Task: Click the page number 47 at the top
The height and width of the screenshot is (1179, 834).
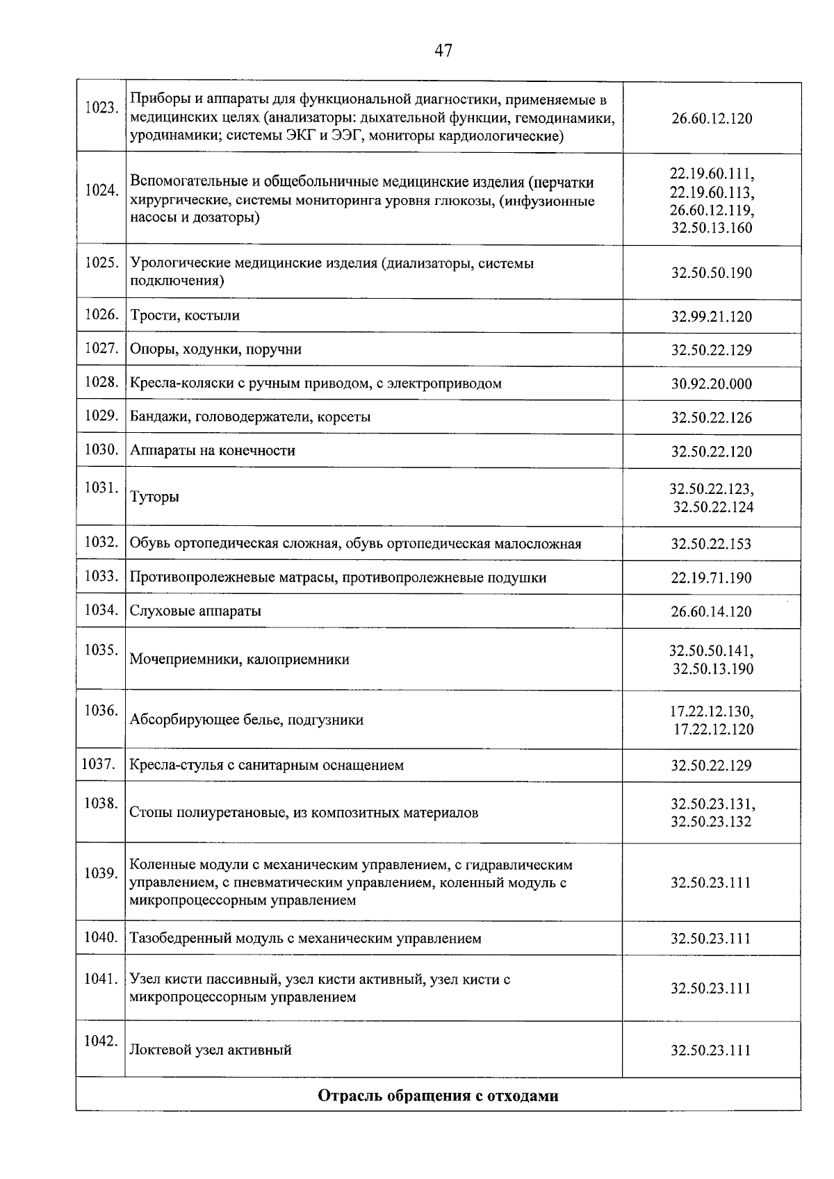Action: coord(443,50)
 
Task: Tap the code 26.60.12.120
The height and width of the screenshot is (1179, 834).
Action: coord(712,118)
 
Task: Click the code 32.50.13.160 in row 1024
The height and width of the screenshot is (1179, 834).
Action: coord(712,228)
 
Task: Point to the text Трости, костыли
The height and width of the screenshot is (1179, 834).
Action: coord(185,315)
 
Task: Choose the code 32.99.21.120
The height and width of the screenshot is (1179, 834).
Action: coord(712,317)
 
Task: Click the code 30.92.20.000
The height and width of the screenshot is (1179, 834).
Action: coord(712,384)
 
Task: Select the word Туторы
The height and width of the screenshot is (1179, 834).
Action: coord(154,497)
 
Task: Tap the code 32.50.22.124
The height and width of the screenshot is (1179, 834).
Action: coord(713,507)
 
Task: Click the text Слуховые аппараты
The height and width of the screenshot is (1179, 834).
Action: coord(195,611)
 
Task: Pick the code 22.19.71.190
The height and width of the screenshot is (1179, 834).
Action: coord(712,578)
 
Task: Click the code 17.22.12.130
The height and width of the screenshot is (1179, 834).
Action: coord(712,711)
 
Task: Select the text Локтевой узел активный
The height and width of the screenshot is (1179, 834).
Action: coord(211,1050)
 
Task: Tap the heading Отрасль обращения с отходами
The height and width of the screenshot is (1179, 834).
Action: coord(438,1096)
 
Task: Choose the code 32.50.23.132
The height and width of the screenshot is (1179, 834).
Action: coord(712,822)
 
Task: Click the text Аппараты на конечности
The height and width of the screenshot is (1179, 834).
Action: coord(213,451)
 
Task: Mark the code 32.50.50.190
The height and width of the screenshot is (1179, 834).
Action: coord(712,272)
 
